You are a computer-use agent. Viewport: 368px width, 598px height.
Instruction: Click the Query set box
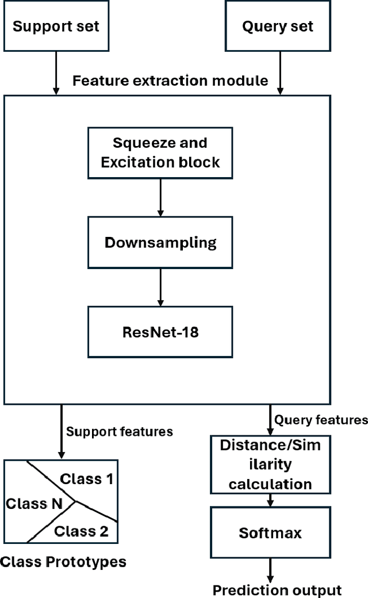point(278,26)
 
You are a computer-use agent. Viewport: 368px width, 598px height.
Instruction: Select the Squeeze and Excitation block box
point(160,152)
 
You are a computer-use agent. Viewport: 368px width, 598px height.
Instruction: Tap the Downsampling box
point(160,242)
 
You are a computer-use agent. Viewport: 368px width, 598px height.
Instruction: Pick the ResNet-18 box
point(160,332)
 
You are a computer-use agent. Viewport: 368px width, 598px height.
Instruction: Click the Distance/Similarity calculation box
point(270,463)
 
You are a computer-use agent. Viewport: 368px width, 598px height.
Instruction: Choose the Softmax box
point(270,532)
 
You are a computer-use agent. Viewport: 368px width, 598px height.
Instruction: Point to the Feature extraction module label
point(170,80)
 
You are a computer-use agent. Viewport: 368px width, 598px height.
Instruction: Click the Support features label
point(120,431)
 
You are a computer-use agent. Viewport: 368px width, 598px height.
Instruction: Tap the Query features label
point(320,420)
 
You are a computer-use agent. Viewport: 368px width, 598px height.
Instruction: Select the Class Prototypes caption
point(63,561)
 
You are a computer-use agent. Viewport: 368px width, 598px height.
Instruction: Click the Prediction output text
point(277,589)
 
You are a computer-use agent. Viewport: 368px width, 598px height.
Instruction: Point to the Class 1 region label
point(87,478)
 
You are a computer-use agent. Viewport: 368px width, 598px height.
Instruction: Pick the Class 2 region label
point(81,531)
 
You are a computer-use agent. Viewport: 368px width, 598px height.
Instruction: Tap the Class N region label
point(34,504)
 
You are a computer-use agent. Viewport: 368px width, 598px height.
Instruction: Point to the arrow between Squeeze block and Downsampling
point(160,197)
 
